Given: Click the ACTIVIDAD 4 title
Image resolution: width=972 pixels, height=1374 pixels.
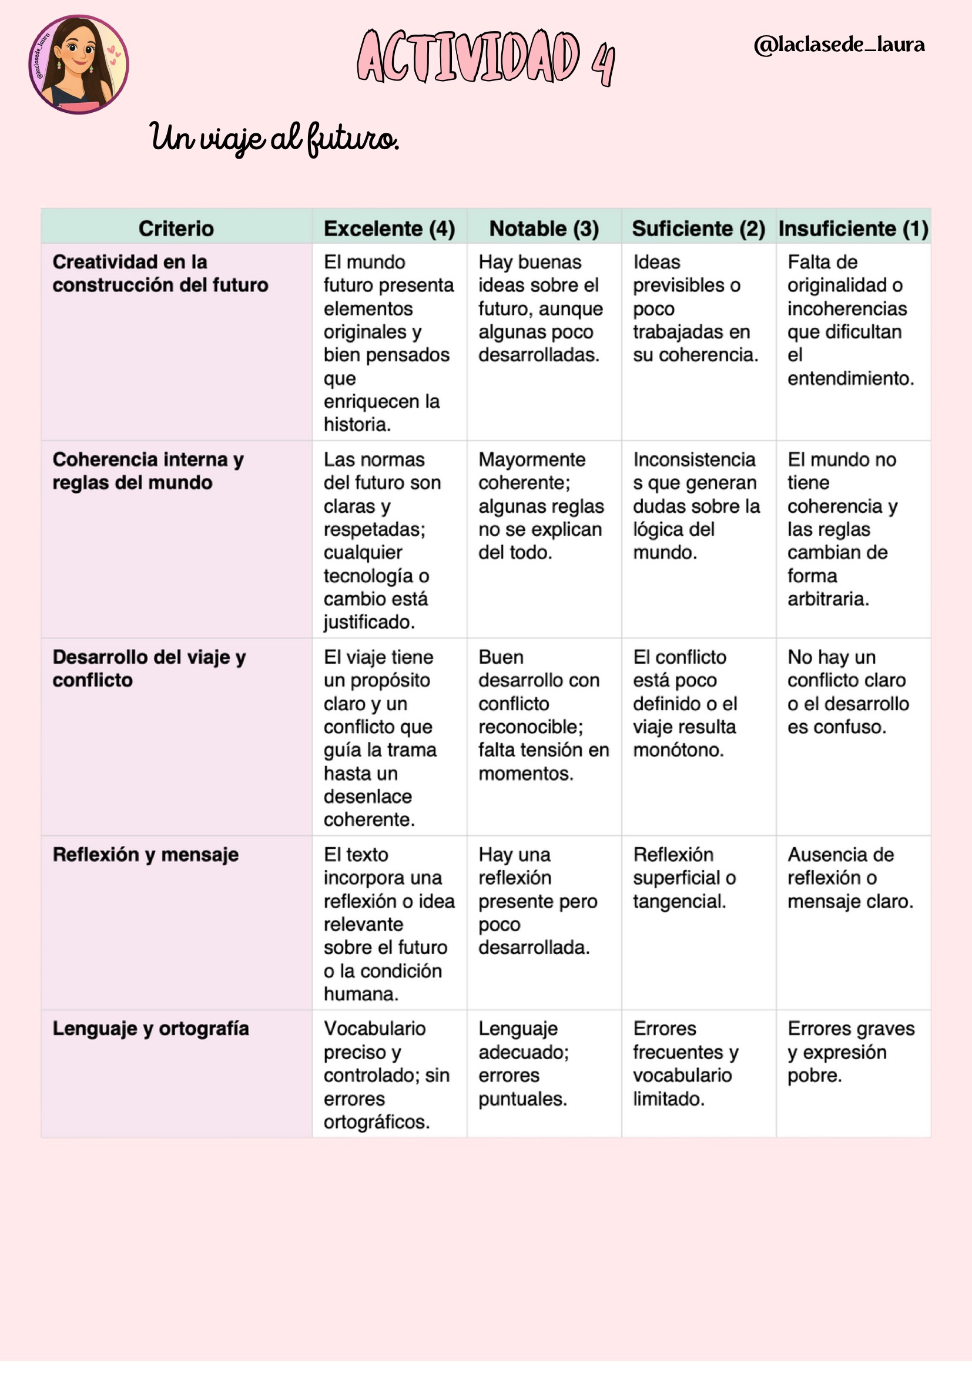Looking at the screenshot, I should (x=485, y=58).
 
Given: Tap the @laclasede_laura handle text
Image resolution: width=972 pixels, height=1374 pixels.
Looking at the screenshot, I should (x=839, y=45).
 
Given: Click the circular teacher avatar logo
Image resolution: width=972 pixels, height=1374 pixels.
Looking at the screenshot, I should (x=78, y=65).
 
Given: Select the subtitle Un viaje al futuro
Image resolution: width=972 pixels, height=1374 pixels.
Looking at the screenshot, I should (x=273, y=138).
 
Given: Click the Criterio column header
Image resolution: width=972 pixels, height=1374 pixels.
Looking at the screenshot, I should (x=176, y=229).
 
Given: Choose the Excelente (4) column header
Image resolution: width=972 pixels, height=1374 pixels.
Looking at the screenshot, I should (x=389, y=229).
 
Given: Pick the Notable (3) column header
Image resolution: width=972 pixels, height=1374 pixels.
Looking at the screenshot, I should (x=544, y=229).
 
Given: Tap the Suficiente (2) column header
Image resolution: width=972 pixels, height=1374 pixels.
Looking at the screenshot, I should (x=699, y=229).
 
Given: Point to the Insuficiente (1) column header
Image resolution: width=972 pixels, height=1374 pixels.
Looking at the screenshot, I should (x=853, y=229).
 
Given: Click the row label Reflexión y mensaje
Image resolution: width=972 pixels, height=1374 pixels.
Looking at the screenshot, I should (x=145, y=855).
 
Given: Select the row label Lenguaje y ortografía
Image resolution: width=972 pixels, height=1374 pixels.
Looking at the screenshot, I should (x=150, y=1029).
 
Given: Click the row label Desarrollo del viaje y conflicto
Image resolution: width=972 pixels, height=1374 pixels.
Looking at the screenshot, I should (x=149, y=668).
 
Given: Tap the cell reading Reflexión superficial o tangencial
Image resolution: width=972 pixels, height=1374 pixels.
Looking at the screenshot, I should (x=684, y=877).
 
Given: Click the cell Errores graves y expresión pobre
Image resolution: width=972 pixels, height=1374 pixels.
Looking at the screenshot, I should (x=850, y=1052).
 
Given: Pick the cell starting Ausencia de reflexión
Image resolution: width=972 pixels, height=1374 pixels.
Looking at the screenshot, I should (x=850, y=877).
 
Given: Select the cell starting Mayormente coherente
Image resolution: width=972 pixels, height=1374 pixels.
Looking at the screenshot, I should (x=541, y=506).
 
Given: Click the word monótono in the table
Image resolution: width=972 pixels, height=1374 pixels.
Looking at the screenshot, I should (x=678, y=750).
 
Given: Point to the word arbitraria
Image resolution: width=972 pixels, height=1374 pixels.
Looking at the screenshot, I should (x=828, y=599).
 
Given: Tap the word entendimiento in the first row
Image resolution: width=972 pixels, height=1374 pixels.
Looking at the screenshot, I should (x=850, y=378).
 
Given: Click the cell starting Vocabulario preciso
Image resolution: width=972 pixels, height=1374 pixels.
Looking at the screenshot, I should (x=386, y=1075).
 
